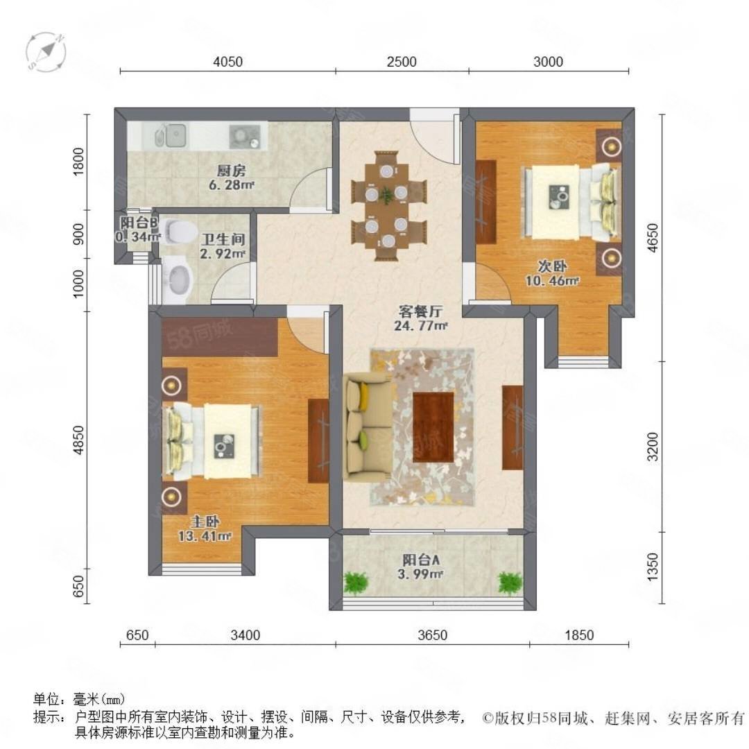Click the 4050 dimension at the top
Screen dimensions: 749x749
coord(227,62)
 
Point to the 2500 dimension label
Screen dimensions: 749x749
coord(402,62)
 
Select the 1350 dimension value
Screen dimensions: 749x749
coord(653,567)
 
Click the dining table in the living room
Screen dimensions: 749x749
coord(388,206)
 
